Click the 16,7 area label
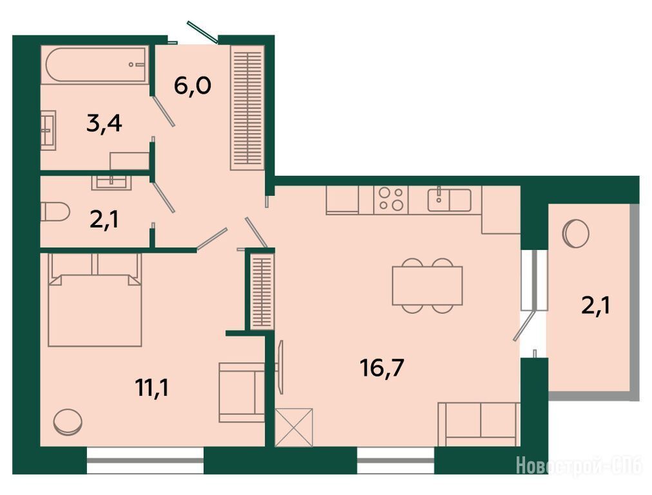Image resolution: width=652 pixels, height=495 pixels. click(x=382, y=368)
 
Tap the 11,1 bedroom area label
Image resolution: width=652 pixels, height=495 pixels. click(x=151, y=388)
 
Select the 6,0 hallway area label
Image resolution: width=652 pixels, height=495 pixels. click(x=193, y=86)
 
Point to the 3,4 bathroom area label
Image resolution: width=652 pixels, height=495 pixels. click(x=104, y=124)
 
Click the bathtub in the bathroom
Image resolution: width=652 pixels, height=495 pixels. click(x=96, y=65)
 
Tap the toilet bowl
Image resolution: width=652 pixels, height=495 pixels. click(x=55, y=211)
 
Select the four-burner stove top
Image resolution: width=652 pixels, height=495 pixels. click(x=391, y=200)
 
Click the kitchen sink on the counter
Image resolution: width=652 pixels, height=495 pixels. click(x=449, y=200)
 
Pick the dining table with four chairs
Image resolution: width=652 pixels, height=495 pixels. click(x=427, y=286)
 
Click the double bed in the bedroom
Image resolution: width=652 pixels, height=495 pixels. click(x=95, y=300)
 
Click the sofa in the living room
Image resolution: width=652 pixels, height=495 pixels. click(x=479, y=424)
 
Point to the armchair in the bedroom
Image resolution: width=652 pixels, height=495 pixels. click(x=242, y=393)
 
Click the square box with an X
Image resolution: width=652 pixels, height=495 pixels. click(x=294, y=427)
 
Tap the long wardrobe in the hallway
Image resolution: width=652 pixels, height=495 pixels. click(x=247, y=108)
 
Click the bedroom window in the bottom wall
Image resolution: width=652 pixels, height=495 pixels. click(x=145, y=460)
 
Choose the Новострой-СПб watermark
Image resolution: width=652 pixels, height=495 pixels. click(x=579, y=465)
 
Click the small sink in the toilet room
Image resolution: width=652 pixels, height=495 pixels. click(x=111, y=182)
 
